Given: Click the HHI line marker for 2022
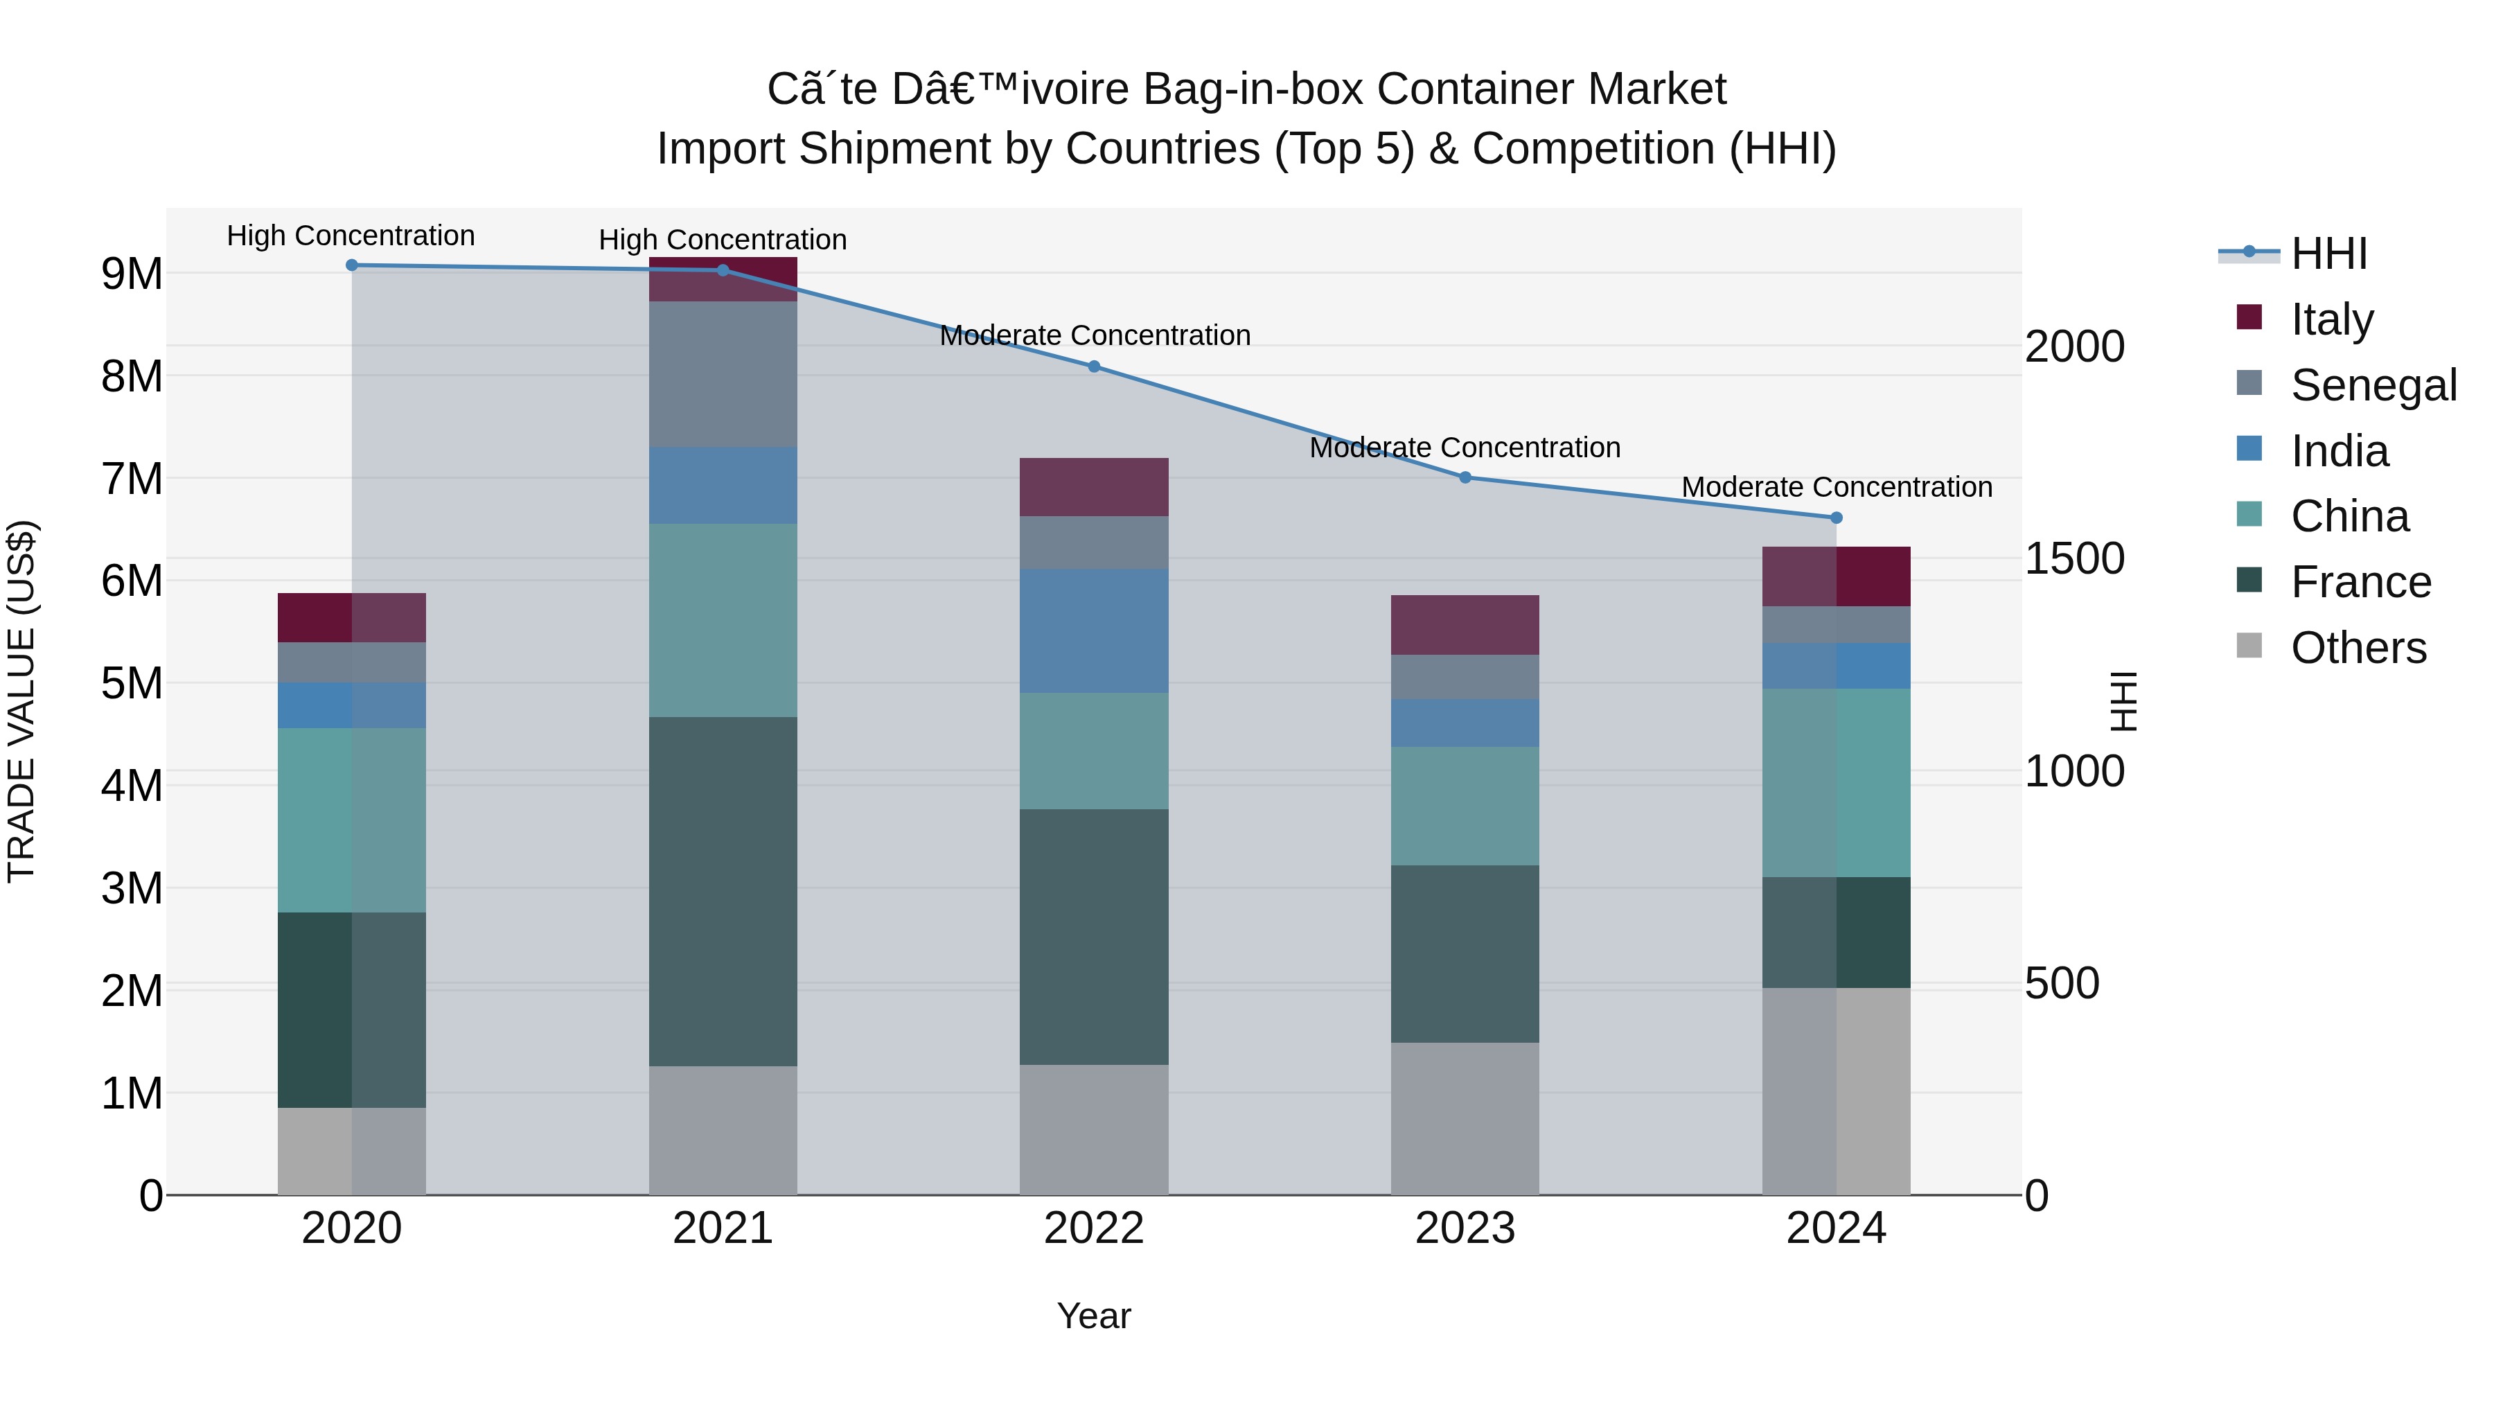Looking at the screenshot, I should click(x=1094, y=366).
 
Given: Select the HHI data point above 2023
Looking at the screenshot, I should click(x=1465, y=477).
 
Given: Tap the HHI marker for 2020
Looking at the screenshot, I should click(x=351, y=265).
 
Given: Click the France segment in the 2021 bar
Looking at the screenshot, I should click(x=723, y=891).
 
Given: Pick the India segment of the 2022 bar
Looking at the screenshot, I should click(x=1094, y=630).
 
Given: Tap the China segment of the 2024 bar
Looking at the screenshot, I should click(x=1836, y=782).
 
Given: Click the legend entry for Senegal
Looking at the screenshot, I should click(x=2373, y=385).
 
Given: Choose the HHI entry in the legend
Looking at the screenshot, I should click(x=2328, y=254).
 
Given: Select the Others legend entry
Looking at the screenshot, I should click(x=2358, y=648).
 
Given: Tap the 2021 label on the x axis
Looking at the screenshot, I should click(x=723, y=1228).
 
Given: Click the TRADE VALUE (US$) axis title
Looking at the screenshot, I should click(x=21, y=701).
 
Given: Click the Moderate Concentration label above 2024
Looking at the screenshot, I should click(x=1836, y=487).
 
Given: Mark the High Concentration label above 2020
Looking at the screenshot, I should click(x=351, y=236).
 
